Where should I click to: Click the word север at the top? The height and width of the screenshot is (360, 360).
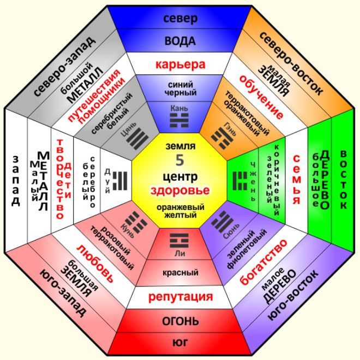click(180, 18)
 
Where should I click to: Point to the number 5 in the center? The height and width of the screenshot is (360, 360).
click(180, 160)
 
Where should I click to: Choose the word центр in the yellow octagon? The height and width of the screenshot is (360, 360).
click(180, 177)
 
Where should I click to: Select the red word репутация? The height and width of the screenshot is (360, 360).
click(180, 297)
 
